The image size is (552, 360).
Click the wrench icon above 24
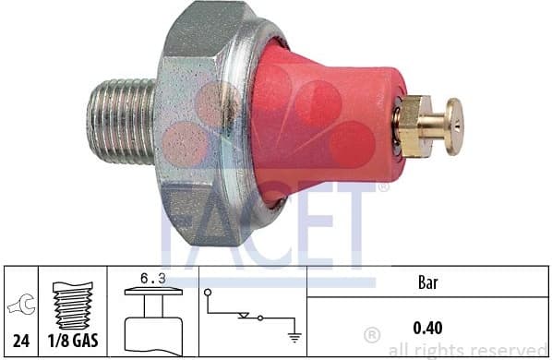tap(21, 306)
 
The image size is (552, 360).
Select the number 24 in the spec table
tap(21, 341)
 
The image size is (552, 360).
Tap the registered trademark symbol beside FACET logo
tap(382, 187)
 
